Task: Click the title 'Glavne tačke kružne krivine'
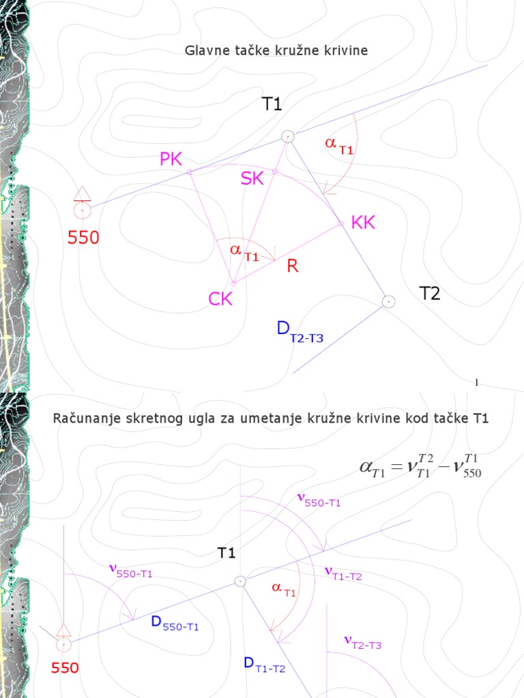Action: coord(276,51)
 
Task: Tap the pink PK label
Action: coord(171,160)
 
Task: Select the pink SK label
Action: coord(252,179)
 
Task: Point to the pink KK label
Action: coord(363,223)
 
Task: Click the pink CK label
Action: coord(220,299)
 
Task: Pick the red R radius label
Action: coord(293,267)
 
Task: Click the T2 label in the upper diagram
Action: coord(429,294)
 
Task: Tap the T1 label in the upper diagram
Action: coord(272,104)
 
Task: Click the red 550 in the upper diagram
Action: coord(83,238)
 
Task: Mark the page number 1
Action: coord(476,382)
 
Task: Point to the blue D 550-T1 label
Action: coord(175,623)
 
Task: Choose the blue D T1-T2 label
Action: coord(265,664)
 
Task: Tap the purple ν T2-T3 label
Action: coord(362,642)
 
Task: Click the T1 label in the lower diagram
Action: coord(227,553)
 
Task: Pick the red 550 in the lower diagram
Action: coord(65,669)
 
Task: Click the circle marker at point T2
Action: coord(388,301)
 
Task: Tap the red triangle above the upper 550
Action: coord(83,193)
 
